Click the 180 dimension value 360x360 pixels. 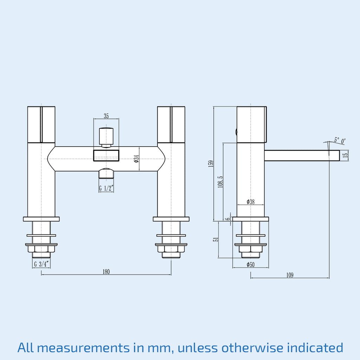pos(106,272)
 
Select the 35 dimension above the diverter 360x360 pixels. pos(106,116)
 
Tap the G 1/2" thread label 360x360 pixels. pos(106,188)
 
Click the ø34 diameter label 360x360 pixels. pos(136,159)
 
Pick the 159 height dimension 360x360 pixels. pos(211,164)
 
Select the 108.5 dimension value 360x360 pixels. pos(220,182)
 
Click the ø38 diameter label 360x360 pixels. pos(250,202)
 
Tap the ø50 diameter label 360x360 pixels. pos(250,265)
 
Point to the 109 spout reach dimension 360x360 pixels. pos(290,275)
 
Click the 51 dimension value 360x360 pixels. pos(216,239)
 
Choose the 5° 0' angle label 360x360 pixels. pos(340,140)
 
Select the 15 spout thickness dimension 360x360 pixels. pos(345,155)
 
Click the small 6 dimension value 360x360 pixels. pos(228,219)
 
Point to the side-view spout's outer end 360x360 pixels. pos(339,155)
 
